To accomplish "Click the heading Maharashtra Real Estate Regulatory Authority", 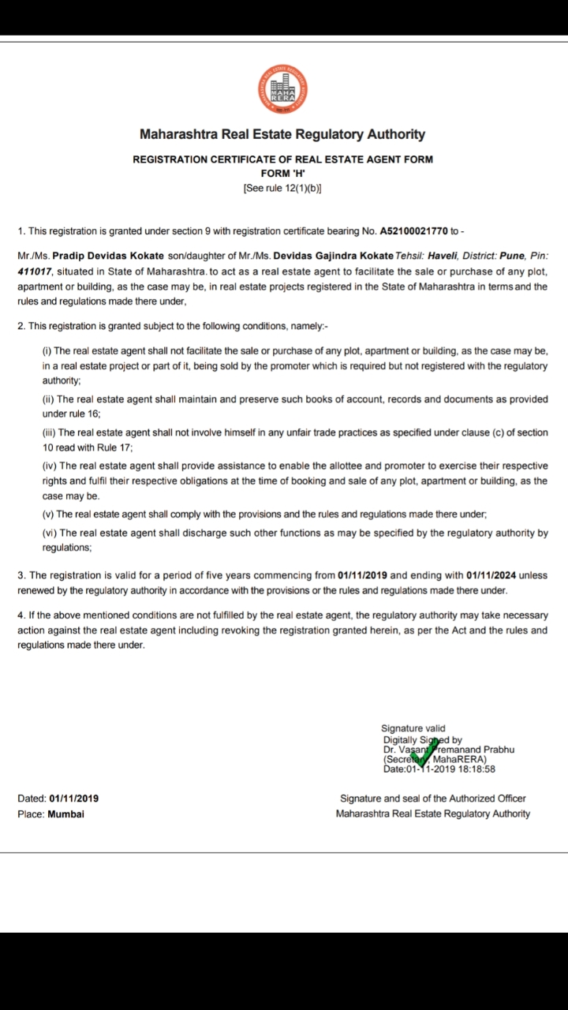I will pyautogui.click(x=282, y=135).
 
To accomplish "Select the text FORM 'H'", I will pyautogui.click(x=282, y=173).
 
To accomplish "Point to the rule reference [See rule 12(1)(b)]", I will pyautogui.click(x=282, y=188).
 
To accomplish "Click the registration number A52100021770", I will pyautogui.click(x=413, y=231).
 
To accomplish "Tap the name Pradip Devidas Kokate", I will pyautogui.click(x=108, y=256).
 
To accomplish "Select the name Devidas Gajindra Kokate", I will pyautogui.click(x=333, y=256).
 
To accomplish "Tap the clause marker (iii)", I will pyautogui.click(x=49, y=433).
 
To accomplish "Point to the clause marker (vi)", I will pyautogui.click(x=49, y=533).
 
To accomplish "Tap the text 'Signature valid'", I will pyautogui.click(x=413, y=728).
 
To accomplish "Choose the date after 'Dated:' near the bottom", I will pyautogui.click(x=73, y=799).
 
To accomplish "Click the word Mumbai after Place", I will pyautogui.click(x=65, y=814).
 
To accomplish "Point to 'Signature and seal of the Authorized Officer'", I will pyautogui.click(x=432, y=799).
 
